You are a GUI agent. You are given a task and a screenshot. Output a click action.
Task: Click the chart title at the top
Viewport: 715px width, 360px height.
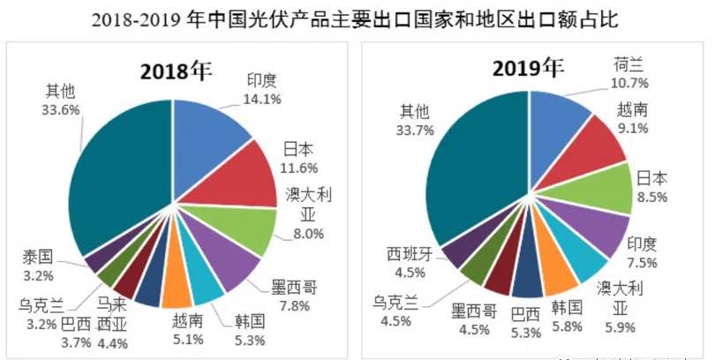tap(357, 19)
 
